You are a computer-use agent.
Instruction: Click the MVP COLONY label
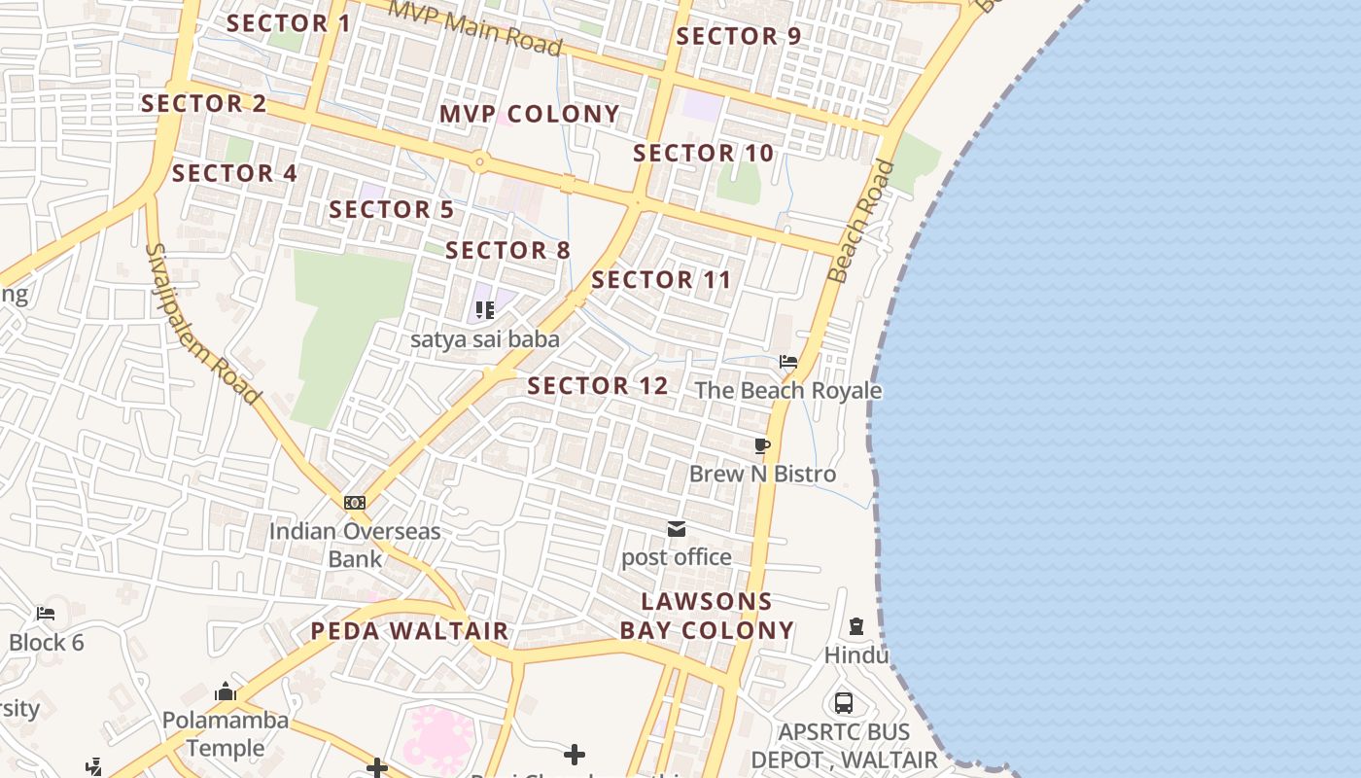click(x=529, y=114)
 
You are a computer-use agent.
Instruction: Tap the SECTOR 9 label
click(x=738, y=36)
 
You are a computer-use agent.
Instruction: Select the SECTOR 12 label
click(x=598, y=386)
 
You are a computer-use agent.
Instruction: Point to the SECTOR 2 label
click(x=203, y=103)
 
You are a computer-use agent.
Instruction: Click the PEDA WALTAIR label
click(x=409, y=631)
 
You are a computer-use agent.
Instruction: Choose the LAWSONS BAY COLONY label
click(x=707, y=616)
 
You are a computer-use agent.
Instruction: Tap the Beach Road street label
click(x=860, y=222)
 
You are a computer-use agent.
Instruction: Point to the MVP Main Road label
click(x=475, y=28)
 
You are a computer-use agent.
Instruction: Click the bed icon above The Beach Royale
click(x=788, y=362)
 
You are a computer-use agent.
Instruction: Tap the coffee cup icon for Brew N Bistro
click(x=762, y=445)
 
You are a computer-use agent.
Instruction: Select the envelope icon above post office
click(x=677, y=529)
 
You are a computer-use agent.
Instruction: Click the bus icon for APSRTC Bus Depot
click(x=844, y=702)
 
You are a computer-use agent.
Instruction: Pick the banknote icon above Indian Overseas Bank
click(x=355, y=503)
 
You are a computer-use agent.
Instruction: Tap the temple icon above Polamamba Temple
click(x=226, y=692)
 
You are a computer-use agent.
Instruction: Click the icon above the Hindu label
click(x=856, y=626)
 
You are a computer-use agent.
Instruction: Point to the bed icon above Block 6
click(x=46, y=614)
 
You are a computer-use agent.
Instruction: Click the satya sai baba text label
click(x=485, y=339)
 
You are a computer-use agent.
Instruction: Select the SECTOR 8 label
click(x=507, y=250)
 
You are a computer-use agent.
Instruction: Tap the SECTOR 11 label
click(x=661, y=280)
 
